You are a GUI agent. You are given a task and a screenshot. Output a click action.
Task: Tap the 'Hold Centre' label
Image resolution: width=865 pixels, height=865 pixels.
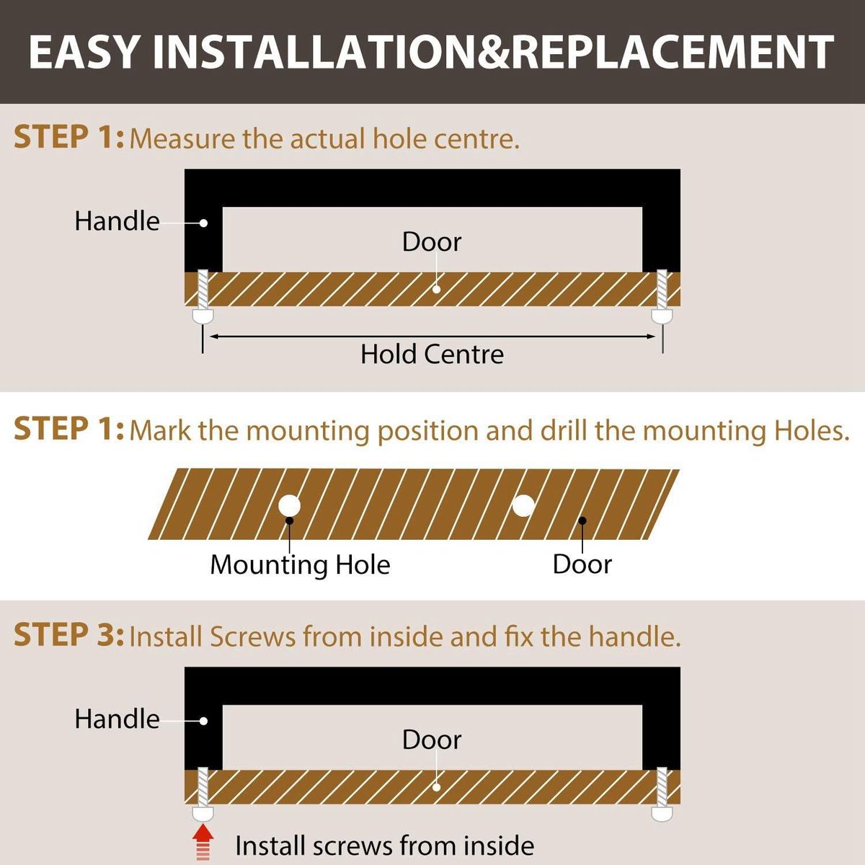[432, 355]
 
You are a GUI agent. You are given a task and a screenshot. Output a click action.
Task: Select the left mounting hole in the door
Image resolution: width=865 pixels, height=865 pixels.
[289, 505]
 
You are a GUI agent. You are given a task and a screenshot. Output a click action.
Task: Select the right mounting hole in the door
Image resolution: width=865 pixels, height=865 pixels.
[523, 505]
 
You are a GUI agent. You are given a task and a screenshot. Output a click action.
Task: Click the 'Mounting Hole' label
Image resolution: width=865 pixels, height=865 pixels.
[300, 564]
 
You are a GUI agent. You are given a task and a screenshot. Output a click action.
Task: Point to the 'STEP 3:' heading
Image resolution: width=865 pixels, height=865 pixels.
[68, 635]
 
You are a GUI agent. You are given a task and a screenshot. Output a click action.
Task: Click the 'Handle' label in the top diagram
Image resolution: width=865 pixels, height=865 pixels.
[117, 221]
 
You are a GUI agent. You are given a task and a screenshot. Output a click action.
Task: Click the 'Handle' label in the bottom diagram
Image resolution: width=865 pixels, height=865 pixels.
[117, 719]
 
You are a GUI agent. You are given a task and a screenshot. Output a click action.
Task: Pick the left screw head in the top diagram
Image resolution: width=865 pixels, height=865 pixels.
[203, 315]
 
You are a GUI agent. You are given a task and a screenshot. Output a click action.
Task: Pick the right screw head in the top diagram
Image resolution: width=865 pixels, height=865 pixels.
[662, 315]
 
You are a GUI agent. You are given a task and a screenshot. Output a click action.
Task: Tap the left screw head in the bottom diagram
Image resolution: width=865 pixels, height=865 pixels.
[203, 813]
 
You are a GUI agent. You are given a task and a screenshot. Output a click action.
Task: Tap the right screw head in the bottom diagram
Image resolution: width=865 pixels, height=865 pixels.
[662, 813]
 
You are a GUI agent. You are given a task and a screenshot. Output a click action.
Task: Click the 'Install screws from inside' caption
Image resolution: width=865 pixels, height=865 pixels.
[385, 846]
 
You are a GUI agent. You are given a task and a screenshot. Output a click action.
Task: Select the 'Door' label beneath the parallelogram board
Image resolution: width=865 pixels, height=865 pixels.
[582, 564]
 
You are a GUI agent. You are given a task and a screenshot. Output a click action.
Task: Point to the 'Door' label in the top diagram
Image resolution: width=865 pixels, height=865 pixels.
[431, 242]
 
